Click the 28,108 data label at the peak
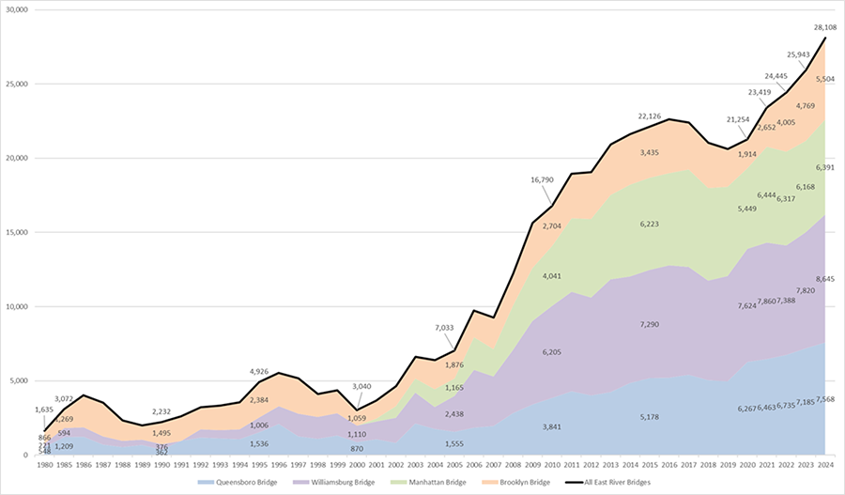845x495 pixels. [823, 27]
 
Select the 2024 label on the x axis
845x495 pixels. [823, 464]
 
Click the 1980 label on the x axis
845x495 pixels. [43, 464]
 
